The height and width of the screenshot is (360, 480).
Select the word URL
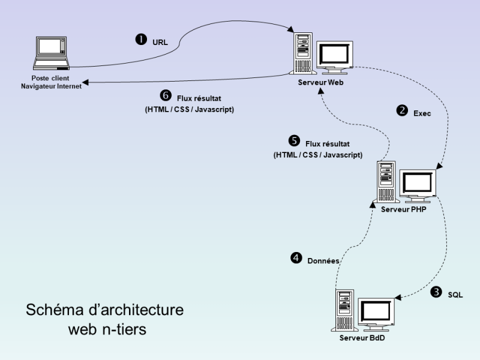pyautogui.click(x=160, y=42)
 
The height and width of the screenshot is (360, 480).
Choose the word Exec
pyautogui.click(x=422, y=112)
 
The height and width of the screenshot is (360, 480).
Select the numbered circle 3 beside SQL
pyautogui.click(x=436, y=292)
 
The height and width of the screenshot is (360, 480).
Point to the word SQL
pyautogui.click(x=455, y=295)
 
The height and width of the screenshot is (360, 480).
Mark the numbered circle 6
pyautogui.click(x=166, y=95)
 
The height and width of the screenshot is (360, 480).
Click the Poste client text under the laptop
pyautogui.click(x=50, y=79)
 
